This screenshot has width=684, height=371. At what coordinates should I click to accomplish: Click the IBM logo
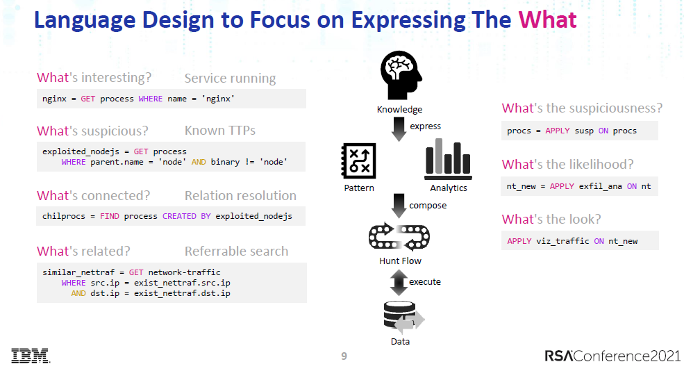pos(31,355)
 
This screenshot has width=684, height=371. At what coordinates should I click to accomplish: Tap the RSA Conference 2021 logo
pos(612,356)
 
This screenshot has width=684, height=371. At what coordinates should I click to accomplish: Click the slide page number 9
pos(344,356)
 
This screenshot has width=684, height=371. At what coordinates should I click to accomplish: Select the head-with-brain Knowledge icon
pos(399,77)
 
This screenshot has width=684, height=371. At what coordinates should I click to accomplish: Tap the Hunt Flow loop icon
pos(399,236)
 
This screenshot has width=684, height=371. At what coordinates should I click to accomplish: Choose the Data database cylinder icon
pos(401,315)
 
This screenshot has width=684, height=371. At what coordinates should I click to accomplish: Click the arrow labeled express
pos(399,129)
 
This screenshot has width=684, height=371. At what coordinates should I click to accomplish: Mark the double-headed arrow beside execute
pos(399,282)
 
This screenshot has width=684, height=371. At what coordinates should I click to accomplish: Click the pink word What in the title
pos(548,19)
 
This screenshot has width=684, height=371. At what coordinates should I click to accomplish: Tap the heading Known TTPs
pos(220,131)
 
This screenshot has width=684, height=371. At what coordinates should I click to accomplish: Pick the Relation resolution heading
pos(240,196)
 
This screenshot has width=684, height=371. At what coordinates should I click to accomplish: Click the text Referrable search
pos(236,252)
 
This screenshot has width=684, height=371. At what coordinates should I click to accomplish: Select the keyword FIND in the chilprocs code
pos(109,216)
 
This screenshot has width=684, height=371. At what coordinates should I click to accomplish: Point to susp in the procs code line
pos(584,131)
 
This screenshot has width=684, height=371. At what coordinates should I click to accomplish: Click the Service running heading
pos(230,78)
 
